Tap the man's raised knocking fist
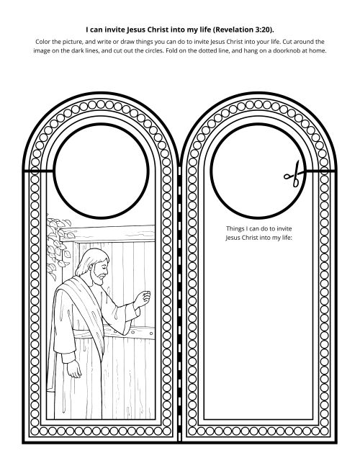[143, 299]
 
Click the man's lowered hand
[74, 369]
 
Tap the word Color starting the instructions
[44, 42]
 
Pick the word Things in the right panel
[235, 228]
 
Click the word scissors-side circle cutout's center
[258, 171]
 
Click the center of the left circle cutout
[101, 171]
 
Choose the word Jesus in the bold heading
[135, 30]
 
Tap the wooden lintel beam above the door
[107, 233]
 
